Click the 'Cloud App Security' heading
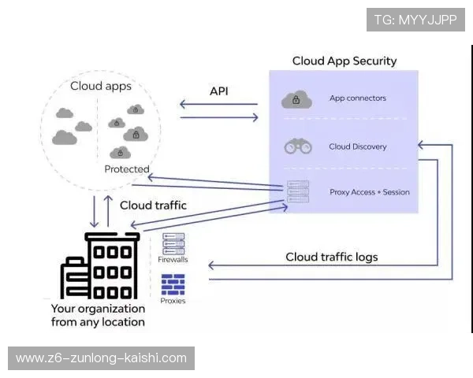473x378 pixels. click(x=345, y=61)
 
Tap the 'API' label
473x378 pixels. click(x=218, y=91)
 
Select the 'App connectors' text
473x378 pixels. click(x=357, y=98)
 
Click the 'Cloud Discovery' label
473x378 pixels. click(x=357, y=146)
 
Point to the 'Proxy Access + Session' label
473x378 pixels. click(x=369, y=192)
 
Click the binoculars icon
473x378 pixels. click(x=297, y=146)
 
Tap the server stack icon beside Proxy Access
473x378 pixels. click(x=298, y=191)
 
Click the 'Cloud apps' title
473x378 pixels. click(x=101, y=86)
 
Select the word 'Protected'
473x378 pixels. click(x=127, y=169)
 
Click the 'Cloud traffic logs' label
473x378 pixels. click(x=331, y=257)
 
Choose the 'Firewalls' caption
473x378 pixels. click(x=173, y=259)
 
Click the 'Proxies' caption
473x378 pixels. click(x=173, y=301)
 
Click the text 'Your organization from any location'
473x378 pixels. click(x=98, y=315)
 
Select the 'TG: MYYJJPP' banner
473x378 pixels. click(x=415, y=20)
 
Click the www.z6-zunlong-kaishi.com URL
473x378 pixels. click(x=101, y=358)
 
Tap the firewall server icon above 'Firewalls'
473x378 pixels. click(x=173, y=243)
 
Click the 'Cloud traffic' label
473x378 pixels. click(x=153, y=206)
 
